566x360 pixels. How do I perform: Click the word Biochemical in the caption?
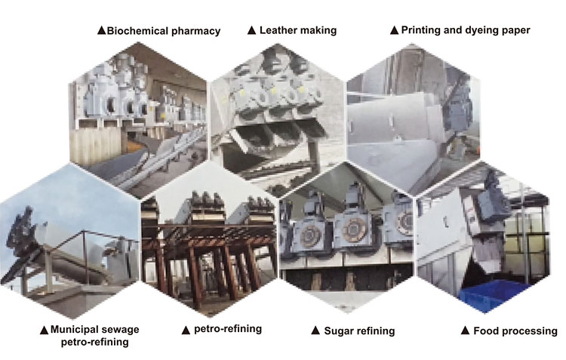click(x=138, y=31)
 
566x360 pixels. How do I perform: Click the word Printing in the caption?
click(x=423, y=31)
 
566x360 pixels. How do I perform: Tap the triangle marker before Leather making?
click(x=252, y=31)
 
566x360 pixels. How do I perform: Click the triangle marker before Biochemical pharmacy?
click(x=101, y=31)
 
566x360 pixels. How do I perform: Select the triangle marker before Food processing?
click(x=466, y=331)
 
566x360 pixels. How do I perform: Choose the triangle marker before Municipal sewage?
click(x=45, y=330)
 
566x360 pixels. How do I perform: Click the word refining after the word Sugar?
click(x=375, y=331)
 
